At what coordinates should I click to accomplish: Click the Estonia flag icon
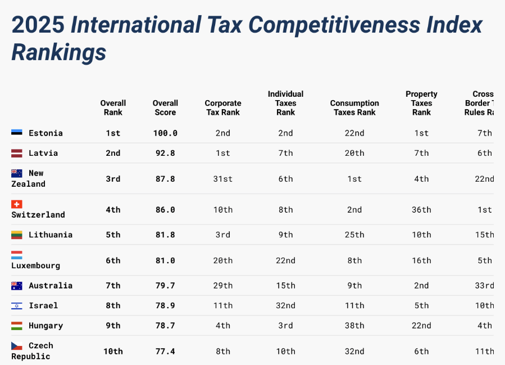pos(17,133)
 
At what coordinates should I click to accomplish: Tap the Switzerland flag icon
pos(17,204)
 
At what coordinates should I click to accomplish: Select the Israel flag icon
pos(17,305)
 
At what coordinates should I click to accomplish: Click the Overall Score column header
pos(165,107)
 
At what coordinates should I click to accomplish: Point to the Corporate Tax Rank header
pos(223,107)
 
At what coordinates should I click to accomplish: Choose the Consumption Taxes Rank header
pos(354,107)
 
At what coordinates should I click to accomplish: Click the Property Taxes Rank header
pos(421,103)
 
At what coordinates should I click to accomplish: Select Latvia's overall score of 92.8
pos(165,153)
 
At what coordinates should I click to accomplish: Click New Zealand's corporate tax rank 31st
pos(223,179)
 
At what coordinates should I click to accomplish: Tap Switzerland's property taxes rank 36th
pos(421,210)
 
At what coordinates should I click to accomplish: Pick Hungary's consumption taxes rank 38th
pos(354,326)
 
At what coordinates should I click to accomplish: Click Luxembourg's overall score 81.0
pos(165,260)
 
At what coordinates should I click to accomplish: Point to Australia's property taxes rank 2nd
pos(421,286)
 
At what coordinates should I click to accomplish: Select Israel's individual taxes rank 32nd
pos(285,305)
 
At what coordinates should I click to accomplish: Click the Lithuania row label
pos(51,235)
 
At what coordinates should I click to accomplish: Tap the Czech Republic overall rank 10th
pos(113,352)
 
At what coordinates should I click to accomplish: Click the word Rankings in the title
pos(59,52)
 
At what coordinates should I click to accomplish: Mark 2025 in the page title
pos(38,25)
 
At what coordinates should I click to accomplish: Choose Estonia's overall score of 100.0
pos(165,133)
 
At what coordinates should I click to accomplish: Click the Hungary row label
pos(46,326)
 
